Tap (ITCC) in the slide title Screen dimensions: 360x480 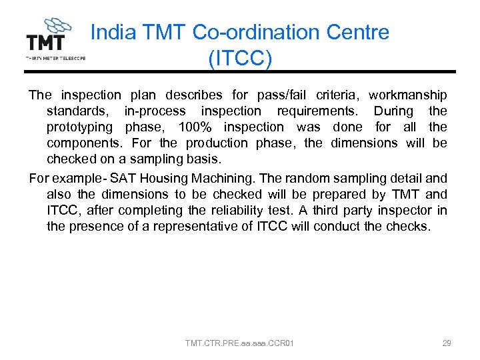click(x=240, y=59)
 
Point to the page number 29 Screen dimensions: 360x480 click(x=447, y=343)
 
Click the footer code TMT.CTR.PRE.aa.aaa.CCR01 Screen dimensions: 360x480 click(x=240, y=343)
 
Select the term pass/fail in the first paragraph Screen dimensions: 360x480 click(x=266, y=95)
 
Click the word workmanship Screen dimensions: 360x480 click(x=407, y=95)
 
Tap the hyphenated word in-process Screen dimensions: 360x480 click(x=155, y=111)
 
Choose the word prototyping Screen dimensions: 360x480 click(x=79, y=127)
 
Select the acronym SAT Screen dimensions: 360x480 click(x=122, y=178)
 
